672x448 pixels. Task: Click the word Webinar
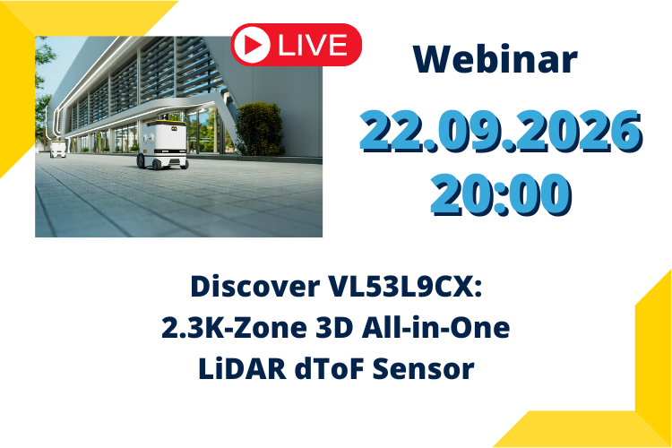(x=495, y=59)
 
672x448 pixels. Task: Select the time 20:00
(x=501, y=194)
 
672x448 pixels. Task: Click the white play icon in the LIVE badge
(x=252, y=45)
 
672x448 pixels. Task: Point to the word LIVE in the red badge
(x=313, y=45)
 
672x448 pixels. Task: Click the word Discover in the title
(x=255, y=287)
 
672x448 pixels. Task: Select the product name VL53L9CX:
(x=405, y=287)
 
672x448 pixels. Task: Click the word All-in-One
(x=435, y=328)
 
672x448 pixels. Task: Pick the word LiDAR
(x=242, y=369)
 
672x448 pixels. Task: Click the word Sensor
(x=424, y=369)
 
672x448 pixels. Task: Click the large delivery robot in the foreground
(x=162, y=144)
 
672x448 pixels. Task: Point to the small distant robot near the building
(x=57, y=149)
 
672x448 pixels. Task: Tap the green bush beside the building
(x=258, y=129)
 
